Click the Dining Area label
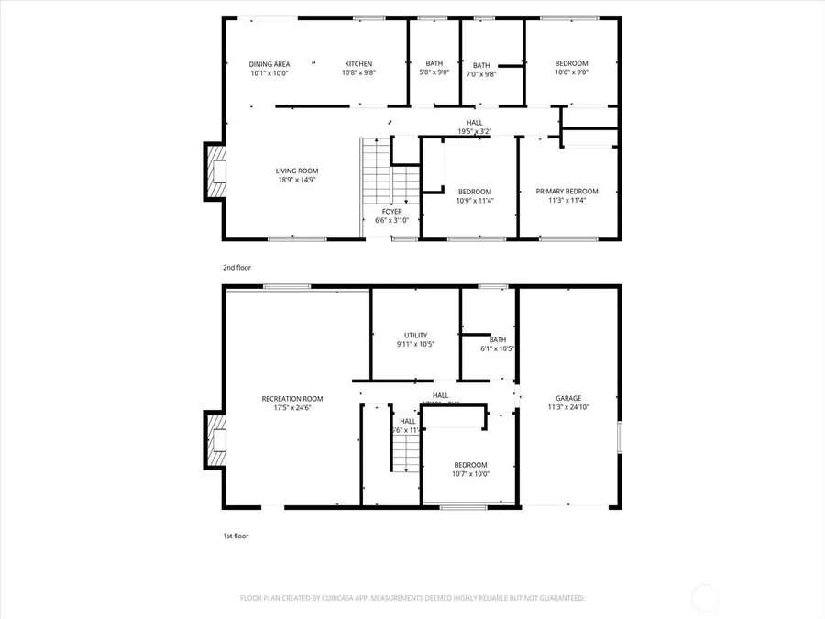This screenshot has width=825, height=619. [269, 64]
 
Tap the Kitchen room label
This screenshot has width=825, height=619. [358, 64]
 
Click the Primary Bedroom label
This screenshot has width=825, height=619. [566, 192]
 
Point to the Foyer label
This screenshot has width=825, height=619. [391, 212]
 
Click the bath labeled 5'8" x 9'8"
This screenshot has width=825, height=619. [434, 64]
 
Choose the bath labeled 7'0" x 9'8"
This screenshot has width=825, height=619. [481, 66]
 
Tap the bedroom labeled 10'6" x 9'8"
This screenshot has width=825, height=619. [572, 64]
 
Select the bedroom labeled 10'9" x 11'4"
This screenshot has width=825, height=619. [475, 192]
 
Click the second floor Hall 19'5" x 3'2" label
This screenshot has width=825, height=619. [474, 123]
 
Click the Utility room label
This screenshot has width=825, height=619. [416, 336]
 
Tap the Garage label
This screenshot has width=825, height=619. [568, 399]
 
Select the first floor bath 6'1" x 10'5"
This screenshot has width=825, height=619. [498, 339]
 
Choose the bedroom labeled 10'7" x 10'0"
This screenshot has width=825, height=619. [471, 465]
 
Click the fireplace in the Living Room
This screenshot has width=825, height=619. [214, 171]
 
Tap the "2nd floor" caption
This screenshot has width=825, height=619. [236, 267]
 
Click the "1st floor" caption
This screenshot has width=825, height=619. [235, 536]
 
